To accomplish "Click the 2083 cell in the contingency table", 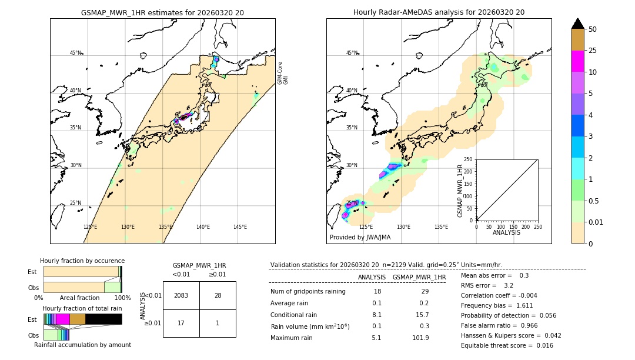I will point(181,295).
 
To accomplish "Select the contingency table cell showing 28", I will point(218,295).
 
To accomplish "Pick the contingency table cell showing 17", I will point(181,323).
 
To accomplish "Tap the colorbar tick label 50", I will point(593,29).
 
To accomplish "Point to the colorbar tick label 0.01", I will point(596,222).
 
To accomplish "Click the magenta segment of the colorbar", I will point(577,61).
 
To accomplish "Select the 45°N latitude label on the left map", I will point(75,53).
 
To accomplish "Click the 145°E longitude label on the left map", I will point(240,227).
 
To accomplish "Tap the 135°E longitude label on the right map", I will point(441,227).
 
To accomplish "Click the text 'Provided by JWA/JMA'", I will point(360,238).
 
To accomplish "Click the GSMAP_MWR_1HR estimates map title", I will point(162,12).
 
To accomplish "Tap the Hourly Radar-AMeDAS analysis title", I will point(439,12).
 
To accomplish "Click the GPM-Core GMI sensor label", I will point(283,73).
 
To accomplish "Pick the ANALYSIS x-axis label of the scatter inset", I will point(506,232).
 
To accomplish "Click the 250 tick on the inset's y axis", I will point(468,159).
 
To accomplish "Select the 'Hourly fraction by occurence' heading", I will point(82,261).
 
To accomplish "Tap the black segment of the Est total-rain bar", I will point(103,319).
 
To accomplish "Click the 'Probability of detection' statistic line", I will point(507,316).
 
